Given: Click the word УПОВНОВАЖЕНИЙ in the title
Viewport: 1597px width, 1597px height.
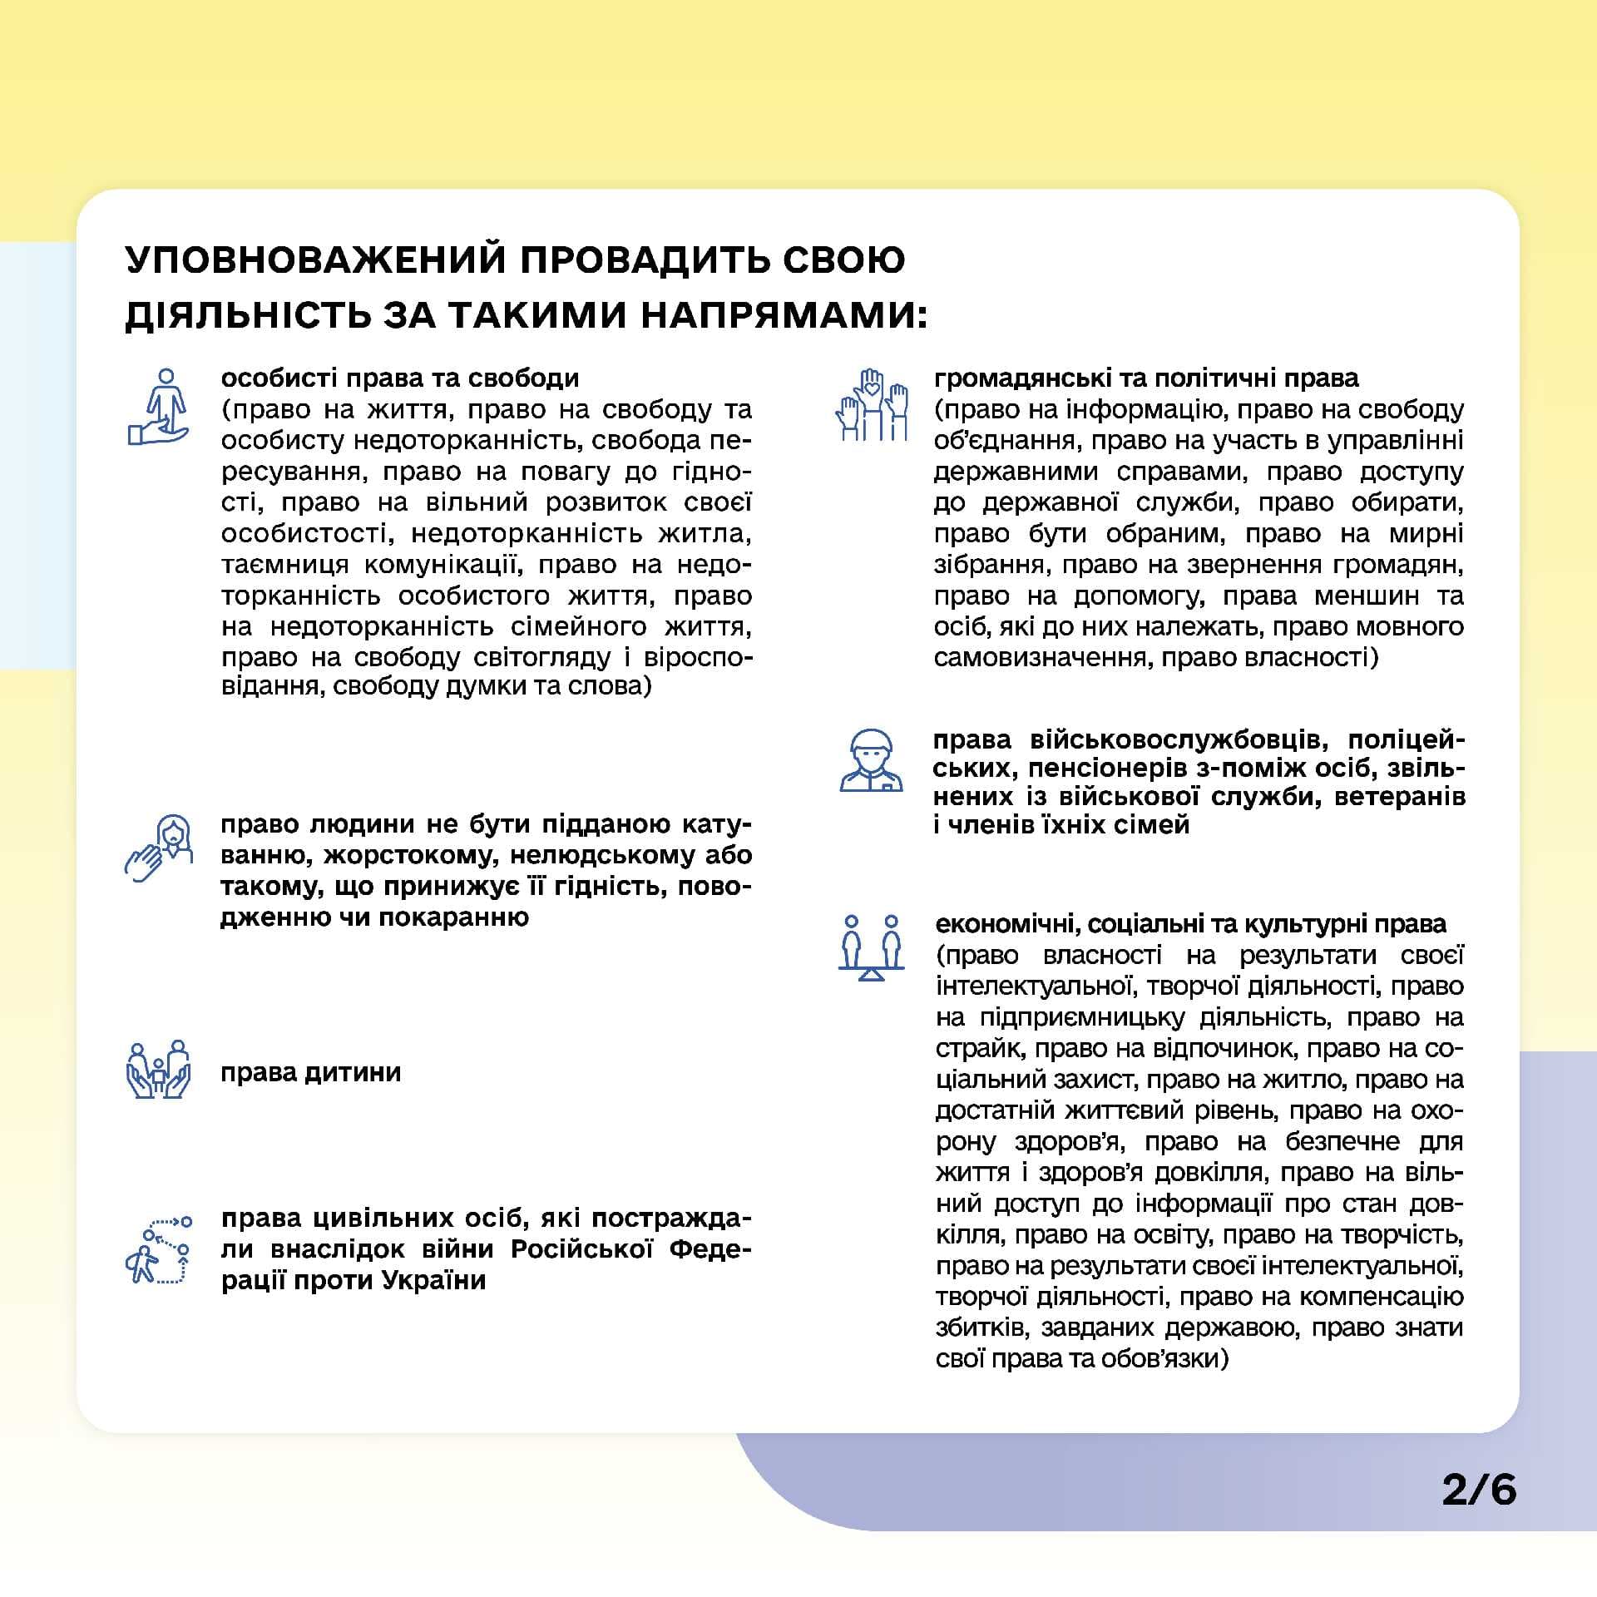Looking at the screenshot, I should point(315,260).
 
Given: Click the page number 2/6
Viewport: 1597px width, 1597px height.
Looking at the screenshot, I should point(1479,1513).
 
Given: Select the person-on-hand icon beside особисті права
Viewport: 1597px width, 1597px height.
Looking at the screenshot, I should point(159,408).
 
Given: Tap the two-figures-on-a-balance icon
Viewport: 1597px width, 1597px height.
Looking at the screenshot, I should point(871,948).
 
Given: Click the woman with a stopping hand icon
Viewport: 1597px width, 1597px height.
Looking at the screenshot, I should point(160,848).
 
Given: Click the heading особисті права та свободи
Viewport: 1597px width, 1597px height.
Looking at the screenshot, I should point(400,378).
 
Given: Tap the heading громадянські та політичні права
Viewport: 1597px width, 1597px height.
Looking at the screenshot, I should point(1146,378).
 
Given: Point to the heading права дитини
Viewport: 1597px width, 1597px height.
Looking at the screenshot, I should point(310,1072).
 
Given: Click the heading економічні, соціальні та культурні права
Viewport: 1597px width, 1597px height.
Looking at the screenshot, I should point(1190,924).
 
